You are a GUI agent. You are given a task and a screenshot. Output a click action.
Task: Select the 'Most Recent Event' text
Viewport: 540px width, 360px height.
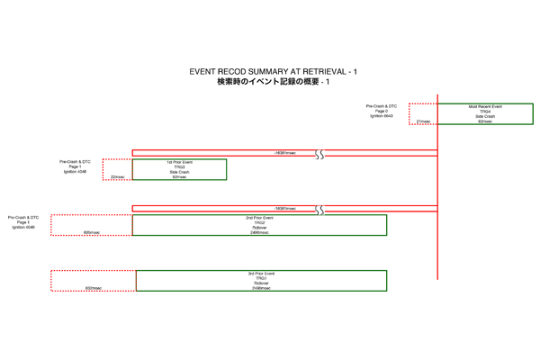click(485, 106)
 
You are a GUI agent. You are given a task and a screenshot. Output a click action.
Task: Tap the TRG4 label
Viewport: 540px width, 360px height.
click(485, 112)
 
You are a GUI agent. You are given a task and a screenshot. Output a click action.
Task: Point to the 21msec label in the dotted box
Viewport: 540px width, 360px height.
click(423, 121)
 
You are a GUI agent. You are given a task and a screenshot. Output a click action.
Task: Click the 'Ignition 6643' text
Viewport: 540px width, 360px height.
click(382, 117)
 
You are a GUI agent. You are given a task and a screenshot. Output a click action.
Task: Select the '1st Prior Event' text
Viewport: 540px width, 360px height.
click(180, 162)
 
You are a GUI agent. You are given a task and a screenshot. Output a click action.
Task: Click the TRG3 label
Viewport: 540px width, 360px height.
click(180, 167)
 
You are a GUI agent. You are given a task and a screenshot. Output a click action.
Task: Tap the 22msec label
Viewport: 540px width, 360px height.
click(118, 177)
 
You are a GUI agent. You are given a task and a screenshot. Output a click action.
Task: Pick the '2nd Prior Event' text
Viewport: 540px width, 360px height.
click(259, 218)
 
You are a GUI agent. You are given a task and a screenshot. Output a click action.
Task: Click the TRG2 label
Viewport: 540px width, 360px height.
click(259, 223)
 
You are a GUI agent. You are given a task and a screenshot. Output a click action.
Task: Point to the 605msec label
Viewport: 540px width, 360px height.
click(92, 233)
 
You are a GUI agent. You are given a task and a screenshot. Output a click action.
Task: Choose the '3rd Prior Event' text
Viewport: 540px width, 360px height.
click(261, 274)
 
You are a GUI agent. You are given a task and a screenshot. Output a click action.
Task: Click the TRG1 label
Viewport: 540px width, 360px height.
click(261, 279)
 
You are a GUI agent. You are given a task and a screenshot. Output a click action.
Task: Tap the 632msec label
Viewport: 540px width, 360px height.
click(94, 289)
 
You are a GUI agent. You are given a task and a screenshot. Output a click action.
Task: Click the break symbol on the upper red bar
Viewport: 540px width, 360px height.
click(319, 154)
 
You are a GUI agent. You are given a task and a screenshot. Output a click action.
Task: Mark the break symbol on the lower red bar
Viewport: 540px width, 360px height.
click(319, 210)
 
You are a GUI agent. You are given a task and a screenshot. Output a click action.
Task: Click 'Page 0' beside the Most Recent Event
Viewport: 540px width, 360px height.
click(382, 112)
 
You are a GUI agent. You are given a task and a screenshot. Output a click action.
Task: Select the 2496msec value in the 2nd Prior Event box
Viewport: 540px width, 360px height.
click(259, 233)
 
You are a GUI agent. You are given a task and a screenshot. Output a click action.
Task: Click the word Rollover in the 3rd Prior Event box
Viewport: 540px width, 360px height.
click(261, 283)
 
